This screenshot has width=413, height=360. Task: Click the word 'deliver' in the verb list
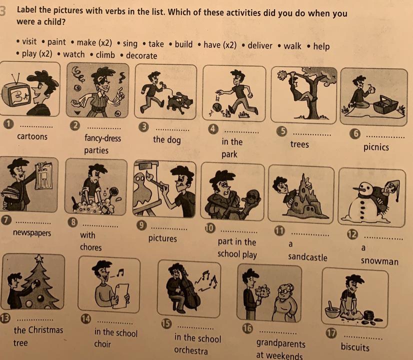(x=259, y=45)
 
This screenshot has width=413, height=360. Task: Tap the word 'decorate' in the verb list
(x=141, y=55)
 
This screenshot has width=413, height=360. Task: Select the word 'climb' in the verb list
(x=105, y=55)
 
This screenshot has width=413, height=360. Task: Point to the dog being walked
(x=179, y=102)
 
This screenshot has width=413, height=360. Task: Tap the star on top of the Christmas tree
(x=39, y=258)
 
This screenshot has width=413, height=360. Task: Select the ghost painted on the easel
(x=143, y=190)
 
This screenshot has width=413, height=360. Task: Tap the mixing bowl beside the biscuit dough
(x=332, y=311)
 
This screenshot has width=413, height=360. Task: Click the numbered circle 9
(x=141, y=225)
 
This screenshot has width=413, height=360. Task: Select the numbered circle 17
(x=331, y=333)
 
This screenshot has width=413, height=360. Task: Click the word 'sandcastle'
(x=307, y=257)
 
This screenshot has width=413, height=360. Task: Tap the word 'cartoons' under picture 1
(x=32, y=136)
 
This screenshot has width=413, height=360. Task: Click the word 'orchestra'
(x=191, y=350)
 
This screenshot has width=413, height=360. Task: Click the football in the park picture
(x=217, y=107)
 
